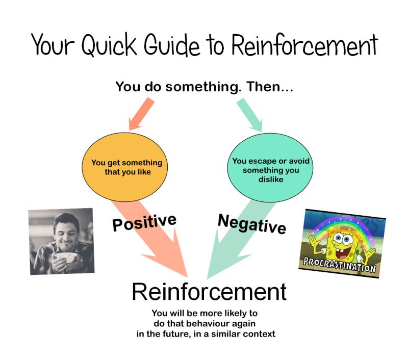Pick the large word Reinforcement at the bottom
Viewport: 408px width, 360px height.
click(x=209, y=292)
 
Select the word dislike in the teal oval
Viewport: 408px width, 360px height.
click(x=271, y=179)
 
